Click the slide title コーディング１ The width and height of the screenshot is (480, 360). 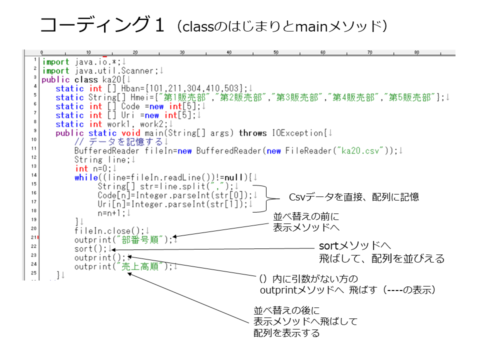102,24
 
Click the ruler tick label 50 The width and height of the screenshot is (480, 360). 276,52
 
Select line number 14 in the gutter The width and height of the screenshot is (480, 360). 33,175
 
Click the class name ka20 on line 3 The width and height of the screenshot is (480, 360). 111,79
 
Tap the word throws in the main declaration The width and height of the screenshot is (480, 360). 252,133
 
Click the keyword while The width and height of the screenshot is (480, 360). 86,177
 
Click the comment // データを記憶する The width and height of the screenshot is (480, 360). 119,141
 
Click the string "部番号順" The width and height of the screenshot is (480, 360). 140,239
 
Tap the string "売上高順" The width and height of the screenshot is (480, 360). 140,266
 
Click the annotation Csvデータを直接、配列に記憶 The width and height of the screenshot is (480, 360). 354,197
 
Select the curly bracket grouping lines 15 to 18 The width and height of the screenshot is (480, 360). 266,198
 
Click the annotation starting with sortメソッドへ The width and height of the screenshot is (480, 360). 381,252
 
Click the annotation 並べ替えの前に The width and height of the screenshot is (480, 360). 306,216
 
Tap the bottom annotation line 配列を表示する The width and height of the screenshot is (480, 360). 286,333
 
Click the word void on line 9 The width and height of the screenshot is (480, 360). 130,133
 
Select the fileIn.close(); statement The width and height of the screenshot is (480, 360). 109,231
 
